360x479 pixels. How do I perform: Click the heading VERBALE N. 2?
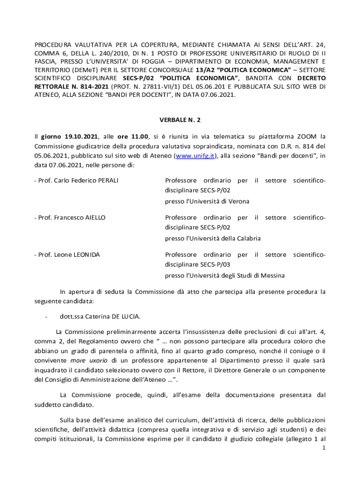pos(180,120)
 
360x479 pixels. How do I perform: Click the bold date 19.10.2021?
pos(70,137)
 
